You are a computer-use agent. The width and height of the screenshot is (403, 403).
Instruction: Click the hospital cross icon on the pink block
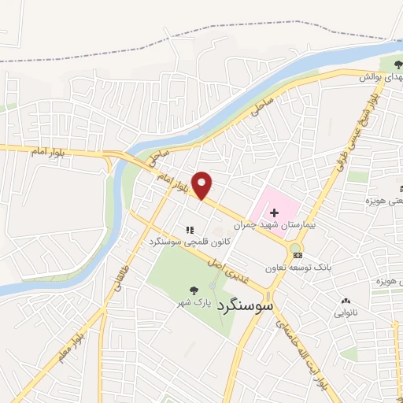point(274,213)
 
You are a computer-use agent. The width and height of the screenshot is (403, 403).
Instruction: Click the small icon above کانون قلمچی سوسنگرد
point(189,230)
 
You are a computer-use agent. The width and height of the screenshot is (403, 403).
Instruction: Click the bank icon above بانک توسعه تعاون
point(295,256)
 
